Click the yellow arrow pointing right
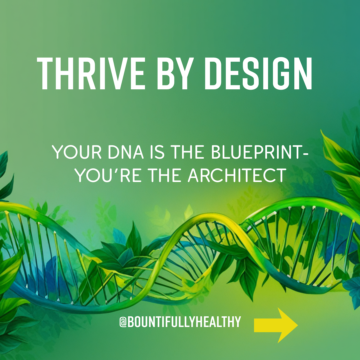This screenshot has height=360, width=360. point(275,325)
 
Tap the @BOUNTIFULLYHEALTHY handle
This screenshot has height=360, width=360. point(180,322)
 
